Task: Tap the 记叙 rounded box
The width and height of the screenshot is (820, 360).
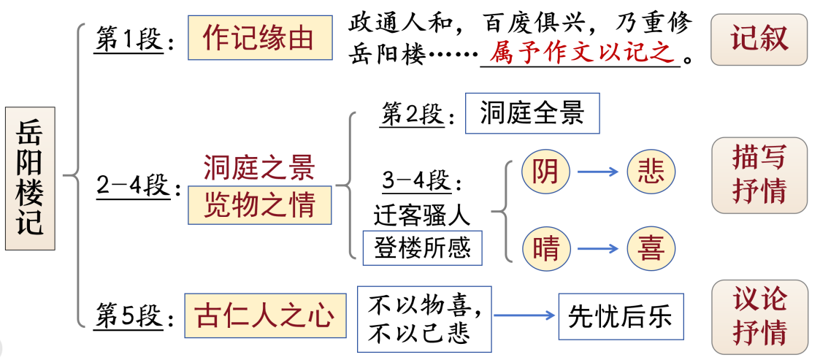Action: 759,39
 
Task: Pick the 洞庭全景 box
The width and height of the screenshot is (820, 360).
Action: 532,113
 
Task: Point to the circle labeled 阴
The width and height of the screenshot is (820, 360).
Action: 545,172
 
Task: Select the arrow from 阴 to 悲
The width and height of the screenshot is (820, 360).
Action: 597,172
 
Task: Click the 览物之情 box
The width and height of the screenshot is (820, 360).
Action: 259,205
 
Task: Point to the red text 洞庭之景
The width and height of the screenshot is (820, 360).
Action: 259,168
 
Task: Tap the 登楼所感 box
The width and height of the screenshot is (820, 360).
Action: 422,248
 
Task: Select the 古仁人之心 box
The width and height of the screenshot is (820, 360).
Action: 264,315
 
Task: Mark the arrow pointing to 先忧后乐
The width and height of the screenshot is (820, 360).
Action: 524,315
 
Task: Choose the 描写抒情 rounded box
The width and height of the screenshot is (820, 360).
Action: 759,175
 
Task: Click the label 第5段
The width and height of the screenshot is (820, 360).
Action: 129,316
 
